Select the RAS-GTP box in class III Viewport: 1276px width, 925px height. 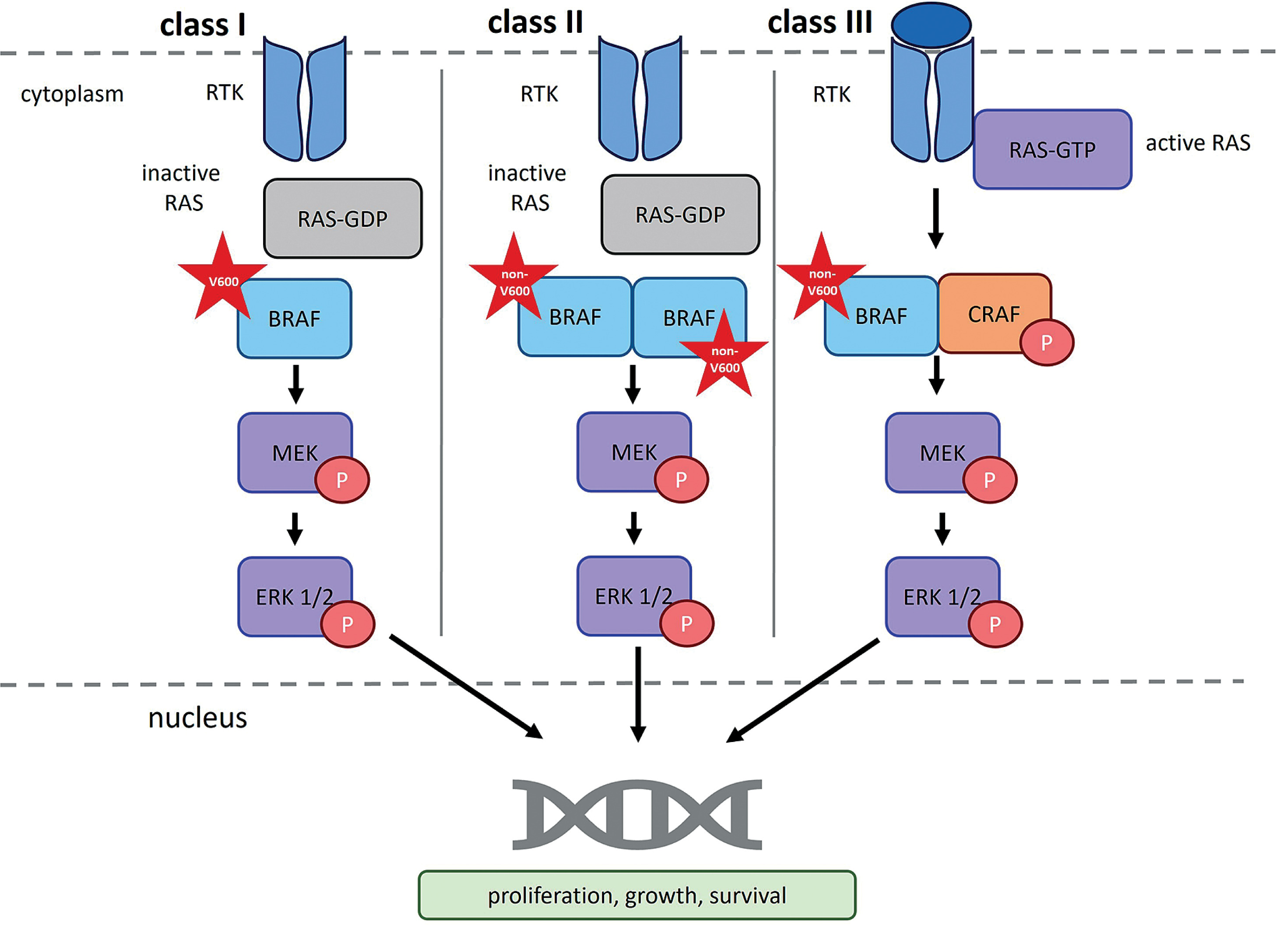[1052, 149]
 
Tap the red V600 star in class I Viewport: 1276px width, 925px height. [223, 280]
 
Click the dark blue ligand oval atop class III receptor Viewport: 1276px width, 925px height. [931, 25]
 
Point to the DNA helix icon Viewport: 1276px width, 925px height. [637, 814]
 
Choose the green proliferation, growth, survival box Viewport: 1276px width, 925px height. [637, 895]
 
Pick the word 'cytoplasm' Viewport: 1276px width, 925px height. [72, 94]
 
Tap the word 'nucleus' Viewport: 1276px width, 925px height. [197, 718]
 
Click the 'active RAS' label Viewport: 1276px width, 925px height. [1198, 143]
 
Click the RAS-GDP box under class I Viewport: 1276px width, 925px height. [343, 218]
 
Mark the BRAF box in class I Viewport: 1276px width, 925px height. [294, 318]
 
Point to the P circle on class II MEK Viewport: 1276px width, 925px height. [681, 479]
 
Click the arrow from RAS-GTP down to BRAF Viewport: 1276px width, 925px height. [935, 218]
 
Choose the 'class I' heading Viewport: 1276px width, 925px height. [203, 25]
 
